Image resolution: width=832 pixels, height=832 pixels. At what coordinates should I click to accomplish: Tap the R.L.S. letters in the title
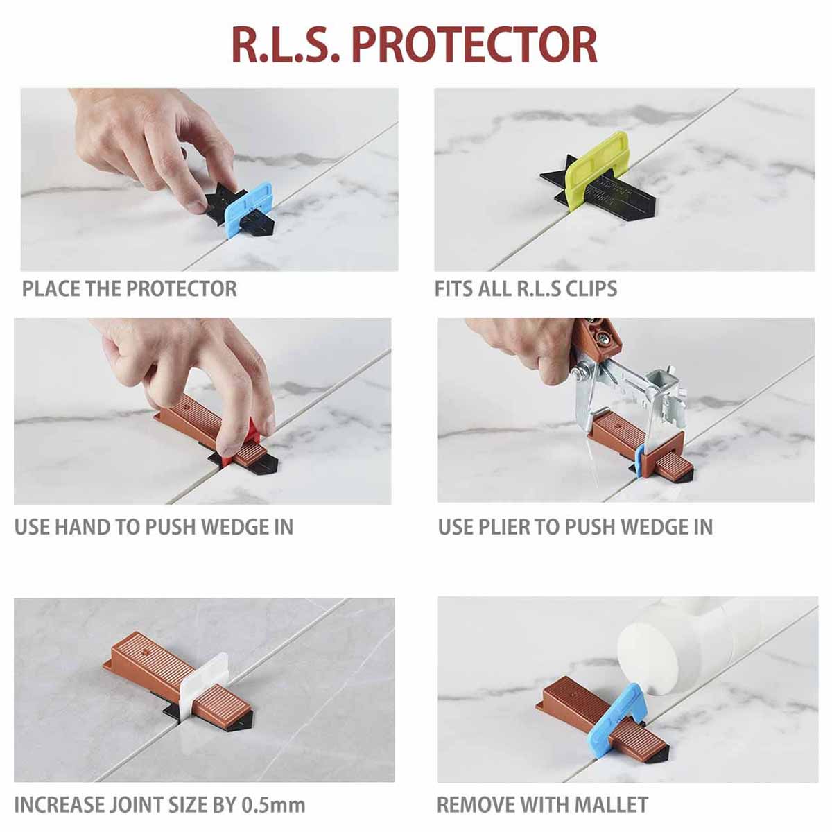286,45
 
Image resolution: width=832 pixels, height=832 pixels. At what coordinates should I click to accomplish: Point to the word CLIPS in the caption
591,288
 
